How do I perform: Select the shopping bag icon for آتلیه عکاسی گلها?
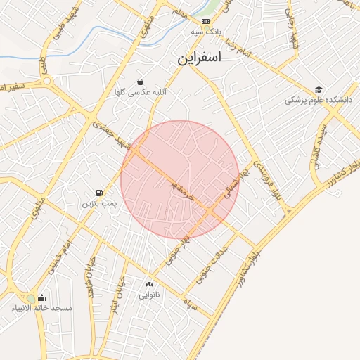(x=141, y=82)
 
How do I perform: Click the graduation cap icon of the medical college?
(x=319, y=89)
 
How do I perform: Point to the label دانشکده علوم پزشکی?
(x=318, y=101)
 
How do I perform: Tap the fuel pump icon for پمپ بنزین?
(x=99, y=192)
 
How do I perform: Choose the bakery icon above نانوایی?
(x=148, y=284)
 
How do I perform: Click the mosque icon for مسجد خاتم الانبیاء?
(x=41, y=297)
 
